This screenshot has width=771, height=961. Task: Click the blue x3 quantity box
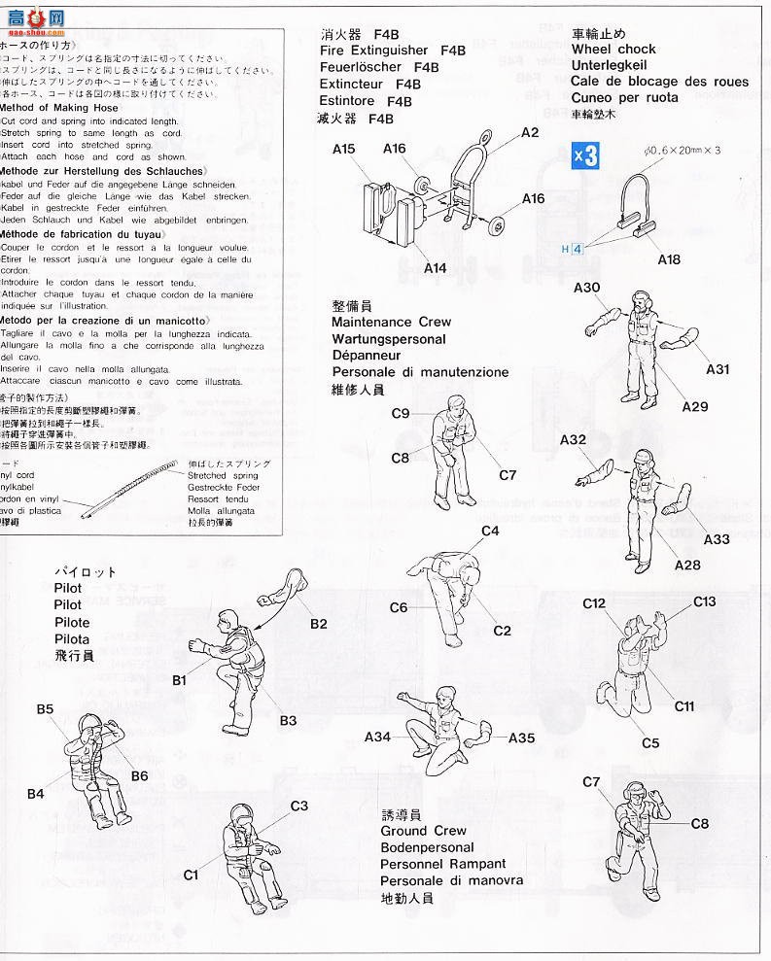coord(585,155)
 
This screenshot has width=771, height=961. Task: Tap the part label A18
coord(669,259)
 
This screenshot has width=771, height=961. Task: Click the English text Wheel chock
coord(613,49)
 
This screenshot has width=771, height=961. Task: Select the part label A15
coord(344,150)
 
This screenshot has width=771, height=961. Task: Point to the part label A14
coord(437,268)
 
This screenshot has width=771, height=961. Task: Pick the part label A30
coord(586,288)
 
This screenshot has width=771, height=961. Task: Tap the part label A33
coord(716,539)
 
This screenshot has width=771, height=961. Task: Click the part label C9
coord(400,414)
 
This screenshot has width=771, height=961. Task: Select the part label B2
coord(319,624)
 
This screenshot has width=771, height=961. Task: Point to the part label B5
coord(46,710)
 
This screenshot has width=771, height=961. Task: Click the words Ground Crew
coord(423,831)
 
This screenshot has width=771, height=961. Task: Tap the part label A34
coord(377,738)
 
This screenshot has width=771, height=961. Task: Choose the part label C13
coord(705,602)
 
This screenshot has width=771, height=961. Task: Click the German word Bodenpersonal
coord(427,847)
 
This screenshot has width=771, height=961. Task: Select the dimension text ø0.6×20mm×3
coord(682,150)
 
